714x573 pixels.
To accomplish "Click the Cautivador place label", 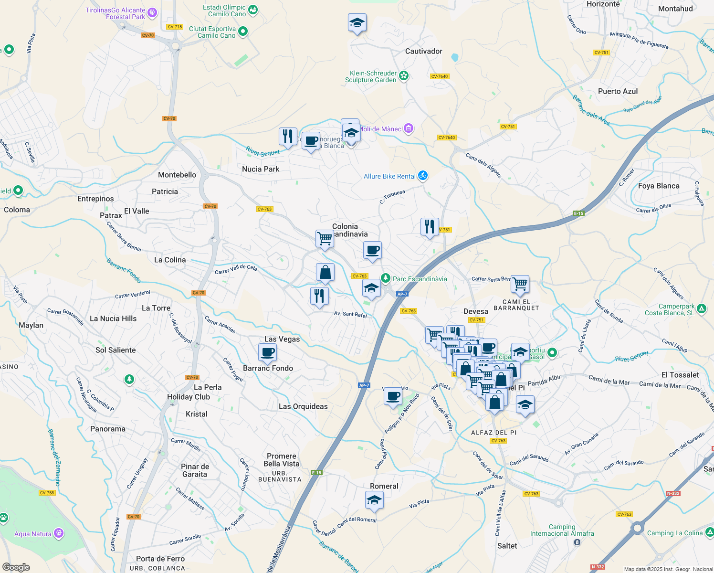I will [423, 51].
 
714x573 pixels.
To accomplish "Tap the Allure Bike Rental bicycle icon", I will [422, 176].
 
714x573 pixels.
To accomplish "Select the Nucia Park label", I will [261, 169].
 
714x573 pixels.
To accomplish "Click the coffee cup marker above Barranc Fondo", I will [268, 353].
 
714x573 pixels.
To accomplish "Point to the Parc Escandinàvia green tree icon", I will [385, 278].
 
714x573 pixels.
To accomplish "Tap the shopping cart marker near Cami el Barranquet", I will [520, 284].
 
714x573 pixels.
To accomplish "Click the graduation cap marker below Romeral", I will [374, 500].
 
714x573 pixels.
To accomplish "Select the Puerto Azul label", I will [618, 91].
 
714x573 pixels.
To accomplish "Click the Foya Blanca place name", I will [659, 186].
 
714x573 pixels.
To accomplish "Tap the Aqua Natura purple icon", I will [59, 533].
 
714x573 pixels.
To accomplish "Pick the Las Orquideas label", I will [303, 406].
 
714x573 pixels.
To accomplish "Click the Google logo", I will [16, 567].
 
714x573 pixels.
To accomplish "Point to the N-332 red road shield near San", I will [673, 493].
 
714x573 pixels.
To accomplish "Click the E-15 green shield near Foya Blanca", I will [578, 213].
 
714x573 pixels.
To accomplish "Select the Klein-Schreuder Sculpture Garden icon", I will [404, 75].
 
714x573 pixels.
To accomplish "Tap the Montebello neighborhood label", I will [177, 175].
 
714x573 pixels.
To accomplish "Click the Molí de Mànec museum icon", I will [408, 128].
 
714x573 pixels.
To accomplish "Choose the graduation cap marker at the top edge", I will [357, 23].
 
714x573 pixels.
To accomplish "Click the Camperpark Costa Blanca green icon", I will [701, 308].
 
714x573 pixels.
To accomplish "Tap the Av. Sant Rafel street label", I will [350, 314].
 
